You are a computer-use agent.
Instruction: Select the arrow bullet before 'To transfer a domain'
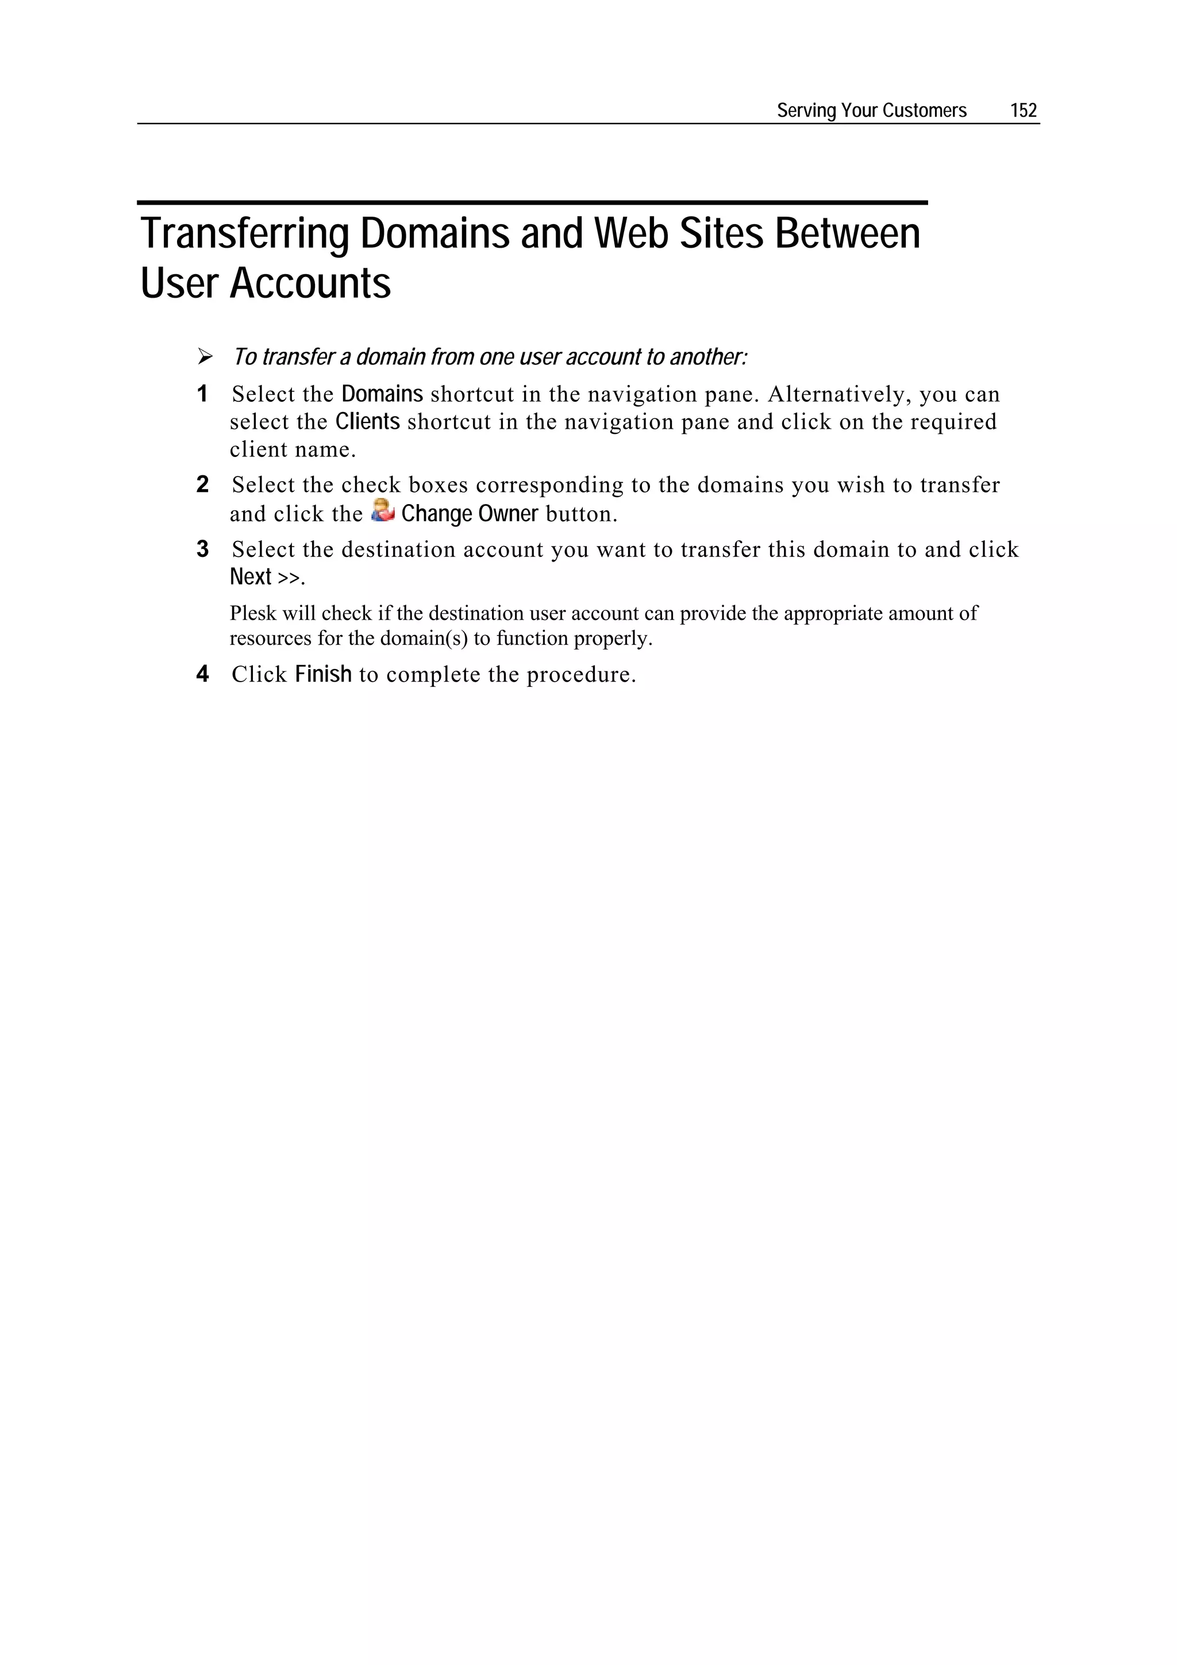pos(205,357)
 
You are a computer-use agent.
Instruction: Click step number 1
pos(202,394)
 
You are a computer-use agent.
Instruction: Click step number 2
pos(202,484)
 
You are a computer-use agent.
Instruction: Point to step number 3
pos(202,549)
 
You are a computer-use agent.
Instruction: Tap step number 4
pos(202,674)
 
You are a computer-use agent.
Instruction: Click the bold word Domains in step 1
pos(382,394)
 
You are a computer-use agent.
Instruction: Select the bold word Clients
pos(367,421)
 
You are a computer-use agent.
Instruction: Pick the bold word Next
pos(250,576)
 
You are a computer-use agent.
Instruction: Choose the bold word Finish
pos(323,674)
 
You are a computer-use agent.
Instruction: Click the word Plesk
pos(253,613)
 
